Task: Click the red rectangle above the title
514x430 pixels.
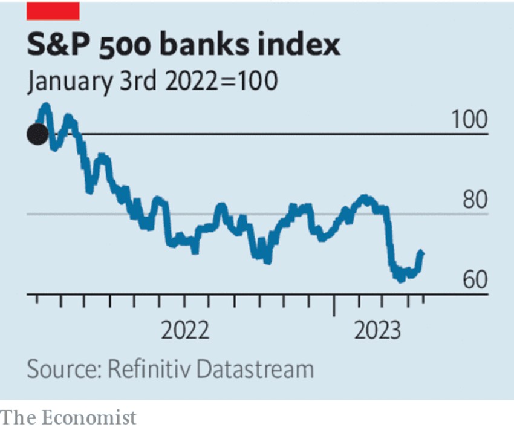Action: click(x=53, y=10)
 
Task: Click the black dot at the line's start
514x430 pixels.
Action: click(x=37, y=134)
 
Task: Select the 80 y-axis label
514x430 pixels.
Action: click(x=474, y=200)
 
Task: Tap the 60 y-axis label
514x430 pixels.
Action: click(x=474, y=280)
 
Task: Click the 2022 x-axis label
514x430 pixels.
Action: click(x=185, y=331)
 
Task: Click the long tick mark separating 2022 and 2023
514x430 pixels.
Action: click(x=333, y=305)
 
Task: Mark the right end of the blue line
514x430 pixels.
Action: click(x=421, y=252)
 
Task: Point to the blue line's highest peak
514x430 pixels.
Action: click(x=44, y=107)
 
